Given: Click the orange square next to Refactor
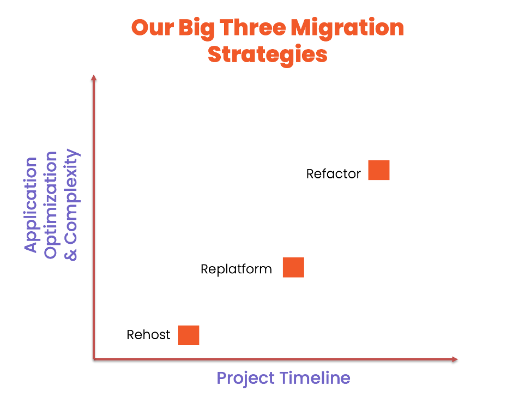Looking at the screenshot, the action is tap(378, 170).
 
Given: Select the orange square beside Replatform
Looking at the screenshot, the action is tap(293, 267).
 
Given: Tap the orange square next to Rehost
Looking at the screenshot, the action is tap(189, 335).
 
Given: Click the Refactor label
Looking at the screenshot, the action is tap(334, 174).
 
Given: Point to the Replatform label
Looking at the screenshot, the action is tap(236, 269).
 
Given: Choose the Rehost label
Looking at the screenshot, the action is tap(148, 335).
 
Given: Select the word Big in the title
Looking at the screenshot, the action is tap(197, 29).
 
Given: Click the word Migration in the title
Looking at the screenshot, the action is tap(347, 29).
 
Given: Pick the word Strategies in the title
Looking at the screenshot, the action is tap(268, 55).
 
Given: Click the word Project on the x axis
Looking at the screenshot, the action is tap(246, 379).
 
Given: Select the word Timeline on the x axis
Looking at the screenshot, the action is tap(316, 378).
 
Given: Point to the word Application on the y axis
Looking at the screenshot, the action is tap(31, 204).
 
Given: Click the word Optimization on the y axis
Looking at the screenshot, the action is tap(51, 205).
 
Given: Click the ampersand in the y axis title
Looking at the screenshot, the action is tap(70, 255).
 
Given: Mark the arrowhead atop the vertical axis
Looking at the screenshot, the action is tap(94, 77).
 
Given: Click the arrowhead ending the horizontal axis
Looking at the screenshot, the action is tap(455, 359).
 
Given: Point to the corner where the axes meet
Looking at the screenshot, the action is tap(94, 359).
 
